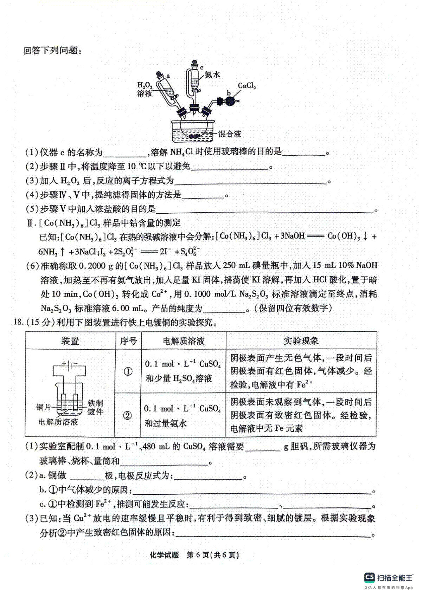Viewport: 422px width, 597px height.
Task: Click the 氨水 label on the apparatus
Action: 212,74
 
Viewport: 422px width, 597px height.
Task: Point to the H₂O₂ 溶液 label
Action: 145,89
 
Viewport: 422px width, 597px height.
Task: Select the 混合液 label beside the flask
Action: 229,134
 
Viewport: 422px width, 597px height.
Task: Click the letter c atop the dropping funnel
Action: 202,67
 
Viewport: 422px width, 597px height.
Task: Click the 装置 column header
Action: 70,341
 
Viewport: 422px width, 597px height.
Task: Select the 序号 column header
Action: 128,341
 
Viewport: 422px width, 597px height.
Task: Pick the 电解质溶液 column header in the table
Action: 184,341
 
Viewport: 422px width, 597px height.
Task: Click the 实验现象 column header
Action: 301,341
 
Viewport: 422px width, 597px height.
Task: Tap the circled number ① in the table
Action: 128,371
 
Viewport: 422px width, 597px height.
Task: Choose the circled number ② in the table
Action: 127,416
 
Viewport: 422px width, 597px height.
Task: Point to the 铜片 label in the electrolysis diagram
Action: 44,407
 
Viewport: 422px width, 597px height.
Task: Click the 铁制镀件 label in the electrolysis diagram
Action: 95,407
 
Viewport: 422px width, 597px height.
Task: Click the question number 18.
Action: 18,322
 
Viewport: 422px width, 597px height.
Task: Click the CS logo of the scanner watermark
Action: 369,577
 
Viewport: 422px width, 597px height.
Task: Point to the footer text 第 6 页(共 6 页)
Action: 213,555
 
